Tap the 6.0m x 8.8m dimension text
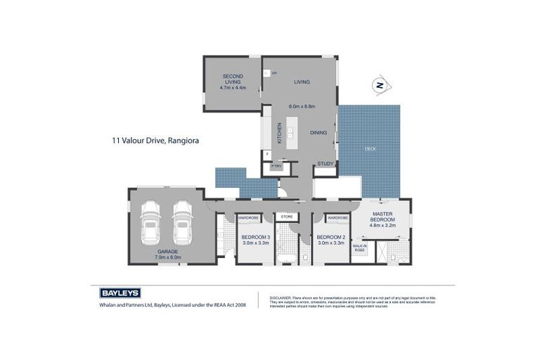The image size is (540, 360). tap(302, 106)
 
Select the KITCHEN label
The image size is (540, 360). tap(279, 132)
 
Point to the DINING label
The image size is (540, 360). tap(319, 132)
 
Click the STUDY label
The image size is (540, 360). tap(325, 164)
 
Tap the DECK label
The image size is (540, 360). tap(370, 149)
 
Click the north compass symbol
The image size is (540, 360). tap(380, 86)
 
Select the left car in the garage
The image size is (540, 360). tap(151, 221)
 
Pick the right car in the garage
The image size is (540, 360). tap(182, 221)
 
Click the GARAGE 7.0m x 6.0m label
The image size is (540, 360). tap(167, 254)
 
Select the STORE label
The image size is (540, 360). tap(286, 217)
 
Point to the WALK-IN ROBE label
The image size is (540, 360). tap(359, 247)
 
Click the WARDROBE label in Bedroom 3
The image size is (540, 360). tap(249, 218)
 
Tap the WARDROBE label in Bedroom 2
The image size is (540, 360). tap(337, 218)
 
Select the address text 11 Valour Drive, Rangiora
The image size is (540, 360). tap(155, 141)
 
